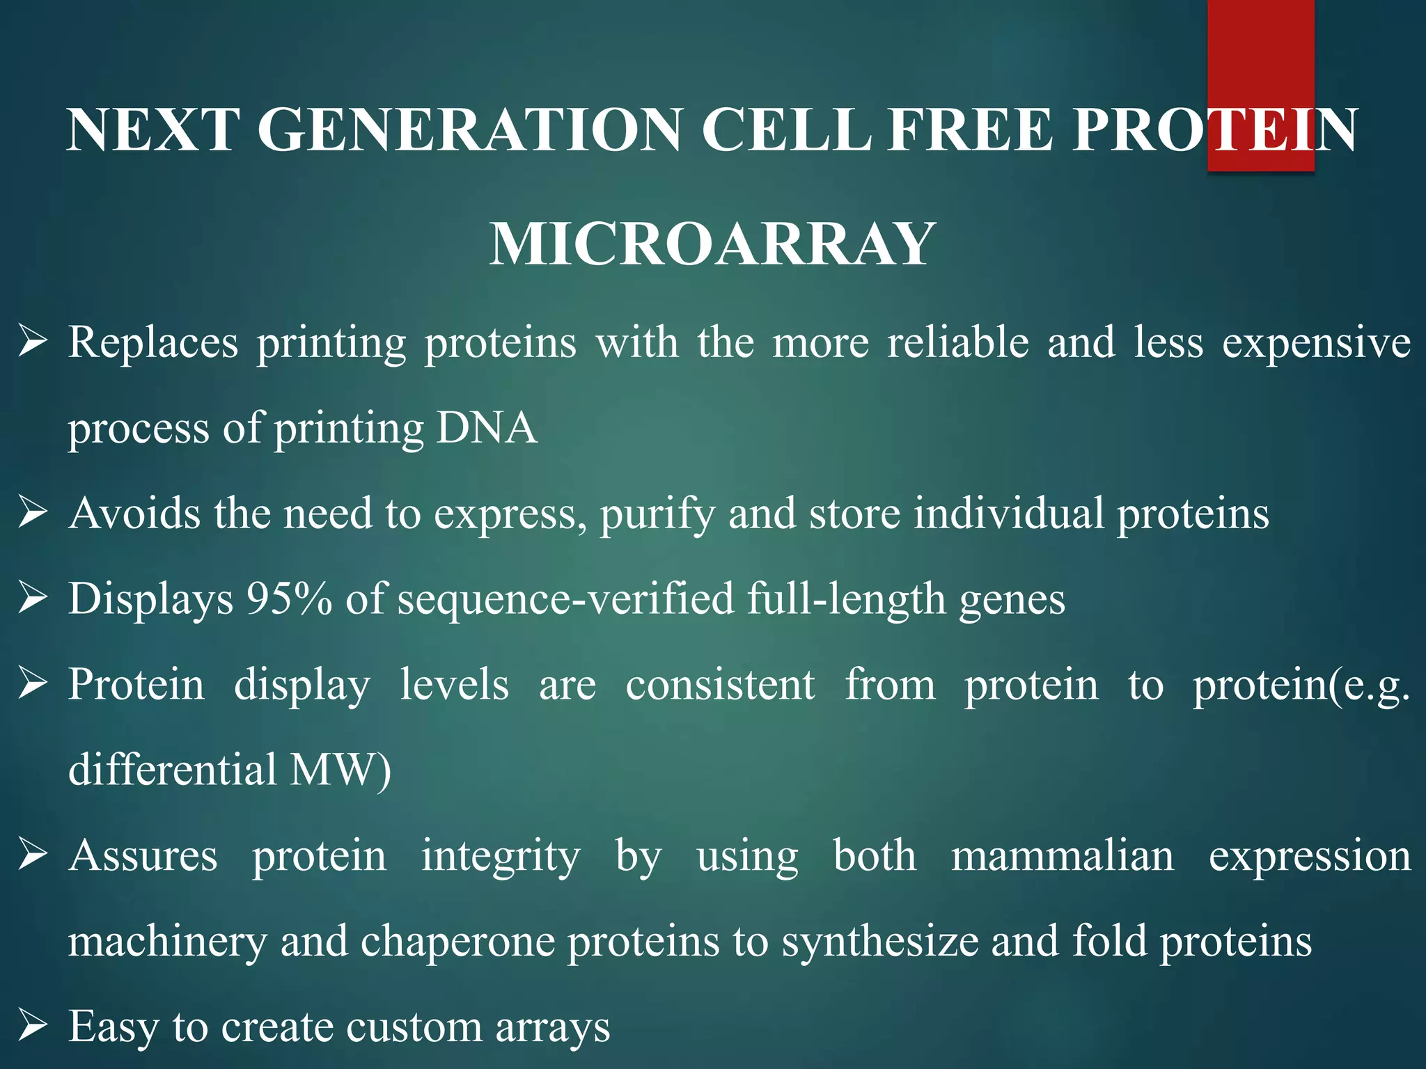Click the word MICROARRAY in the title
(x=712, y=244)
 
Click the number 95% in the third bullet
(x=289, y=599)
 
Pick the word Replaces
(x=153, y=342)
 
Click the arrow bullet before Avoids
(x=33, y=513)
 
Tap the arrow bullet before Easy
(x=33, y=1026)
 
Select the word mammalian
(x=1062, y=855)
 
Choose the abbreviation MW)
(x=340, y=770)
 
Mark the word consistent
(x=720, y=685)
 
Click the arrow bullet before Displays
(x=33, y=599)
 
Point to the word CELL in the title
(x=786, y=130)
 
